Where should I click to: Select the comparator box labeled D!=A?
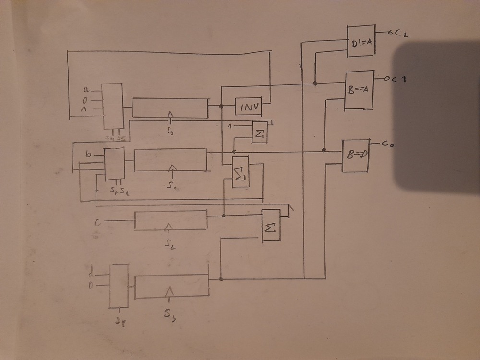pos(360,42)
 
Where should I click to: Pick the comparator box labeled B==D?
pos(355,156)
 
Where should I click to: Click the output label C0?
pos(388,143)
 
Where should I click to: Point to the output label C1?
pos(396,79)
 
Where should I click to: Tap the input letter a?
pos(86,89)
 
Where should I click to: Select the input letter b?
pos(88,155)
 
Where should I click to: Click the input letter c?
pos(97,221)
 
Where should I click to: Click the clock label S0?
pos(169,130)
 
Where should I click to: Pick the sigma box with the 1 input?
pos(261,132)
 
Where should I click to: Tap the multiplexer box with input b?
pos(114,164)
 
